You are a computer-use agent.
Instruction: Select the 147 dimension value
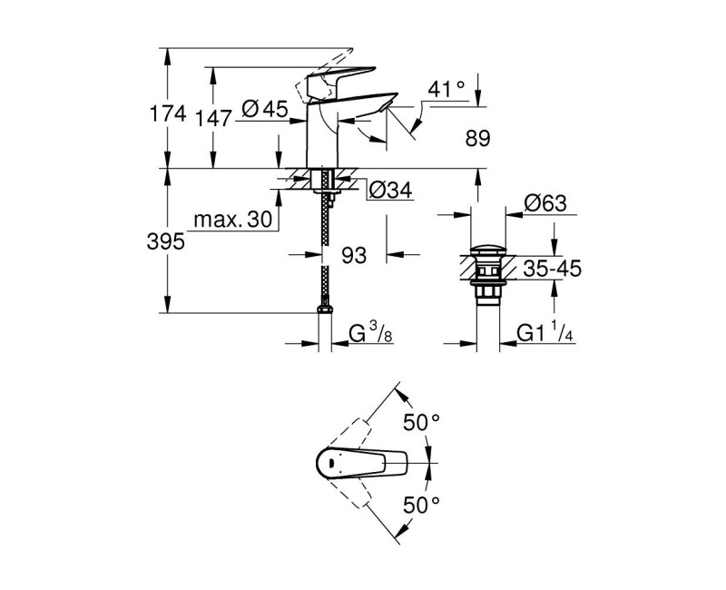[x=224, y=113]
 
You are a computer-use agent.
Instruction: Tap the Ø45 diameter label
[x=266, y=111]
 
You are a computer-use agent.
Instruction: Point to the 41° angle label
[x=446, y=89]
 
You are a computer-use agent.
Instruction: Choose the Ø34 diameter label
[x=390, y=190]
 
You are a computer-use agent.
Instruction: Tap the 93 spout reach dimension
[x=354, y=256]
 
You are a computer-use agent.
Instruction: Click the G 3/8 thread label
[x=371, y=335]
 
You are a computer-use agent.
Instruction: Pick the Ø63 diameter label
[x=547, y=205]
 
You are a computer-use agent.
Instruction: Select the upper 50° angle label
[x=421, y=422]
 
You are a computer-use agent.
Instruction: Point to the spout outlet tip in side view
[x=385, y=108]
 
